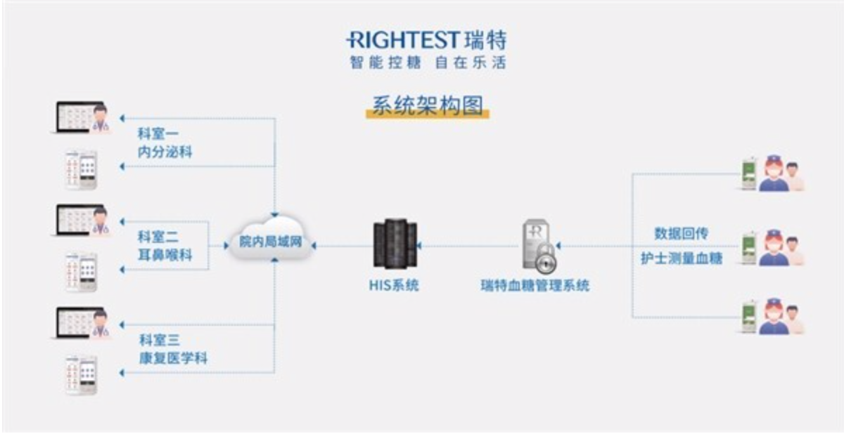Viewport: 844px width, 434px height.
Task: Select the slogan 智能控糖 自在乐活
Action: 428,63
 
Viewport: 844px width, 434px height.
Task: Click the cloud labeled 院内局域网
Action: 271,239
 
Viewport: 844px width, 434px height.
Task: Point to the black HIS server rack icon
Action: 395,244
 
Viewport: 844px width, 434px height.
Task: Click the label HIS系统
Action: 394,285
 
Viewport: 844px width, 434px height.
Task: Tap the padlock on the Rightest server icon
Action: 546,258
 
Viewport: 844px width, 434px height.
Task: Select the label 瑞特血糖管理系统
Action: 535,286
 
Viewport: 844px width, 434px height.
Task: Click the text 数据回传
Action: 682,234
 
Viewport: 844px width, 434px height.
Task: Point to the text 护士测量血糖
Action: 682,258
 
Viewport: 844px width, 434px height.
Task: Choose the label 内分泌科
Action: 165,152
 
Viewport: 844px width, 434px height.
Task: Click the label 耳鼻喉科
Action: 165,255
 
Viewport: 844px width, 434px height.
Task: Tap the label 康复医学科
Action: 173,358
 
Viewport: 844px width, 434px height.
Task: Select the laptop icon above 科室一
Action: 80,117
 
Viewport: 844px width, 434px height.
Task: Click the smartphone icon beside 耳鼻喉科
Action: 82,272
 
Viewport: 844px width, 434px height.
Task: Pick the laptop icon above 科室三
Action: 80,323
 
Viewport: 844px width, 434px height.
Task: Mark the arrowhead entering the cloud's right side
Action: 314,246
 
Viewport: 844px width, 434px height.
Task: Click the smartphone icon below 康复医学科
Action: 82,375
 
